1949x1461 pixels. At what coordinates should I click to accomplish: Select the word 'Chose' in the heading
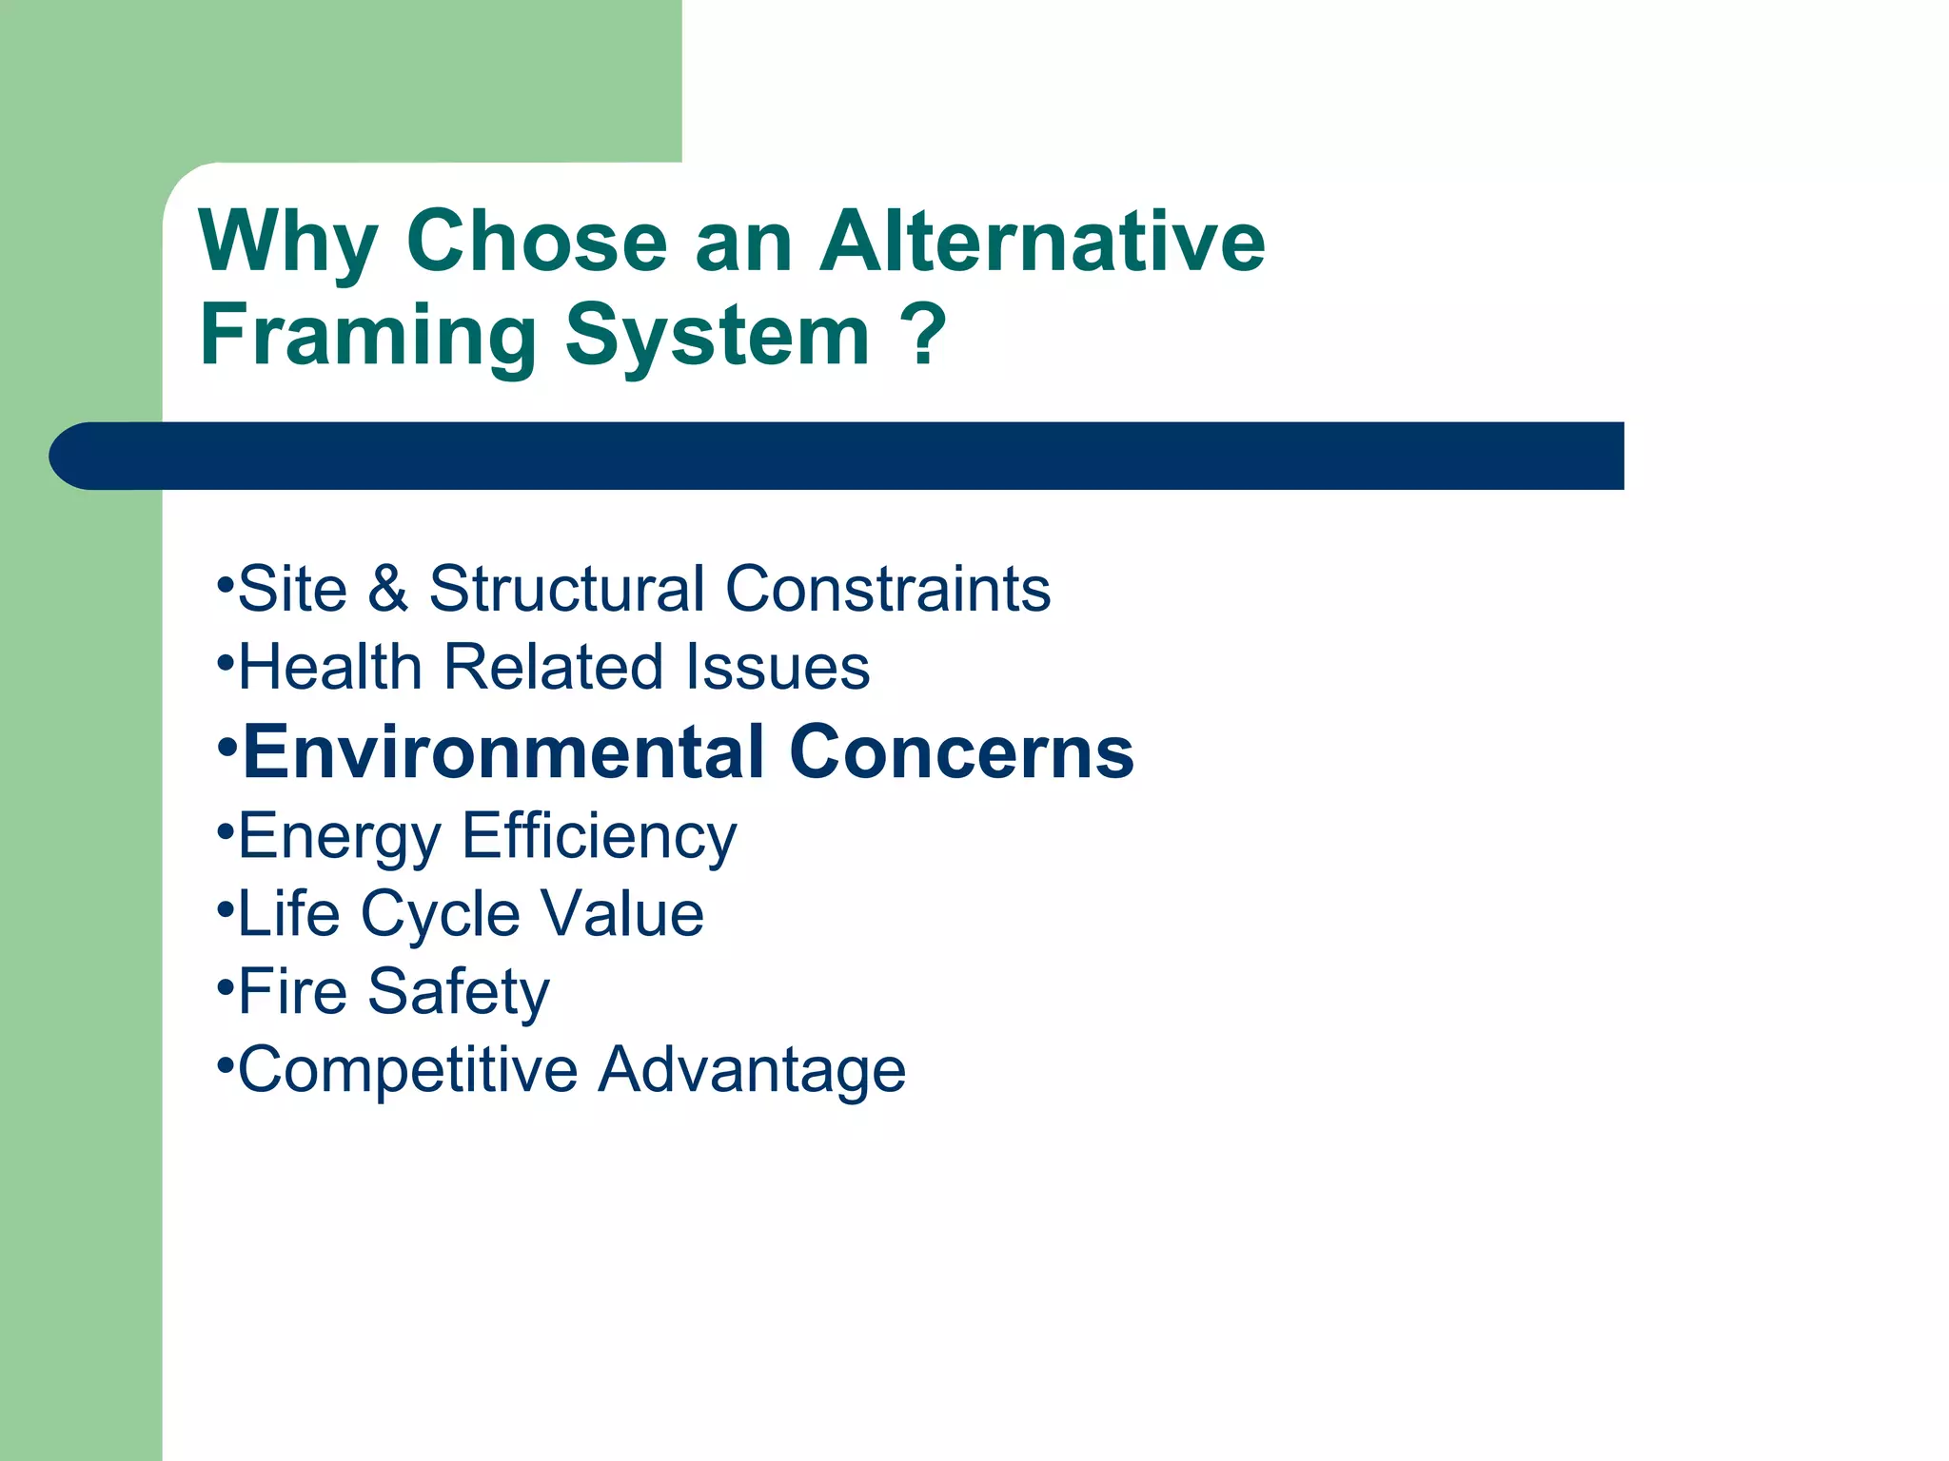coord(537,242)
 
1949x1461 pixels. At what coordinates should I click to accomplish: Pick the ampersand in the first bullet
coord(387,589)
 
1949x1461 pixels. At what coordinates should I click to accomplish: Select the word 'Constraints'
coord(887,589)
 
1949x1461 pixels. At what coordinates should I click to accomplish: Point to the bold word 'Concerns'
coord(961,751)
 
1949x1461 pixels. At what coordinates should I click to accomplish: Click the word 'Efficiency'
coord(600,837)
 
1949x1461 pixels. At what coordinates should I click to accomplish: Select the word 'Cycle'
coord(440,914)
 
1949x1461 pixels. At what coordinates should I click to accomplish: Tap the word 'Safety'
coord(459,992)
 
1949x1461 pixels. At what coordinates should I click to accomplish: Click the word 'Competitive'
coord(407,1069)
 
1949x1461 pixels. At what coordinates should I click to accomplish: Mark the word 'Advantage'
coord(752,1071)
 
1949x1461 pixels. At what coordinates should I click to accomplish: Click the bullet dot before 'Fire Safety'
coord(225,987)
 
